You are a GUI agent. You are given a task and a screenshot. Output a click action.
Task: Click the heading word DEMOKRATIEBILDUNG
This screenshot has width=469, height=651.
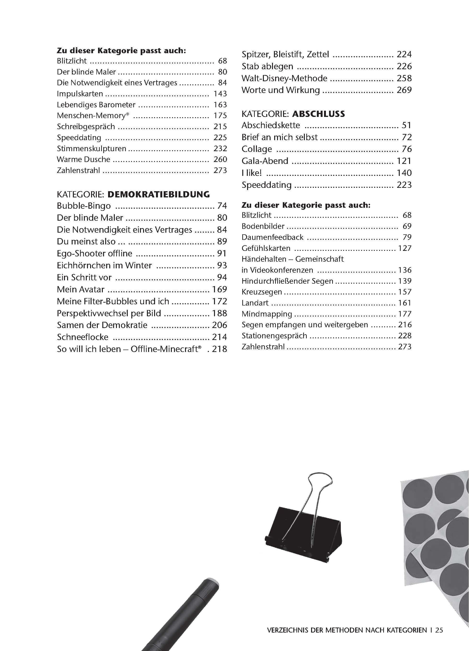pos(158,195)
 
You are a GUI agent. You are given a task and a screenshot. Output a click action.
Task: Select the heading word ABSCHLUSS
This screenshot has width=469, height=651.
pos(318,114)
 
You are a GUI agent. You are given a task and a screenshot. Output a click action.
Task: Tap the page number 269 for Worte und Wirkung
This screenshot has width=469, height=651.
pos(404,90)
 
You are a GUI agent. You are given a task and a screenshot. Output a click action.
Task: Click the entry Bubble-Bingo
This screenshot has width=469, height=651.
pos(84,206)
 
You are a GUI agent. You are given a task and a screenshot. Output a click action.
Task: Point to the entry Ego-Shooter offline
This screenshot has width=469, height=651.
pos(94,253)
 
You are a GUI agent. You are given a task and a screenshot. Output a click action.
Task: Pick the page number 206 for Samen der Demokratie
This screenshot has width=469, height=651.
pos(219,325)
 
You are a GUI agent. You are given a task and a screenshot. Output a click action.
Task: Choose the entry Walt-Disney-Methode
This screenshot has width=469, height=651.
pos(284,78)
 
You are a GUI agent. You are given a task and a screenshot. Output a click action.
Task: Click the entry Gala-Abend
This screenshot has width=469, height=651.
pos(265,161)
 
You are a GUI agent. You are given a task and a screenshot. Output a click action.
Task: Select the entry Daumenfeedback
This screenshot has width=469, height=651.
pos(272,237)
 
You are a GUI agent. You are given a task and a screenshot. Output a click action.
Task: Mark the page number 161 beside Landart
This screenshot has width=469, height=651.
pos(405,303)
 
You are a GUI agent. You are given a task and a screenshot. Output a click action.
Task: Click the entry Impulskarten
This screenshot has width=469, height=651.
pos(80,94)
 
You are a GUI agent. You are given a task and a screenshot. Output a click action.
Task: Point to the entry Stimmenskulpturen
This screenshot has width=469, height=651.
pos(91,148)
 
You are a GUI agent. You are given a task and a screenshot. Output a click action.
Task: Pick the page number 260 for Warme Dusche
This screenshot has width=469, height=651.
pos(220,159)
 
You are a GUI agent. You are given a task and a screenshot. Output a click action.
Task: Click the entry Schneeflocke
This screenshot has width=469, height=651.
pos(82,337)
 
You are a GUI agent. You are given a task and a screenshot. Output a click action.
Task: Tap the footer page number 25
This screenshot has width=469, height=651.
pos(439,630)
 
